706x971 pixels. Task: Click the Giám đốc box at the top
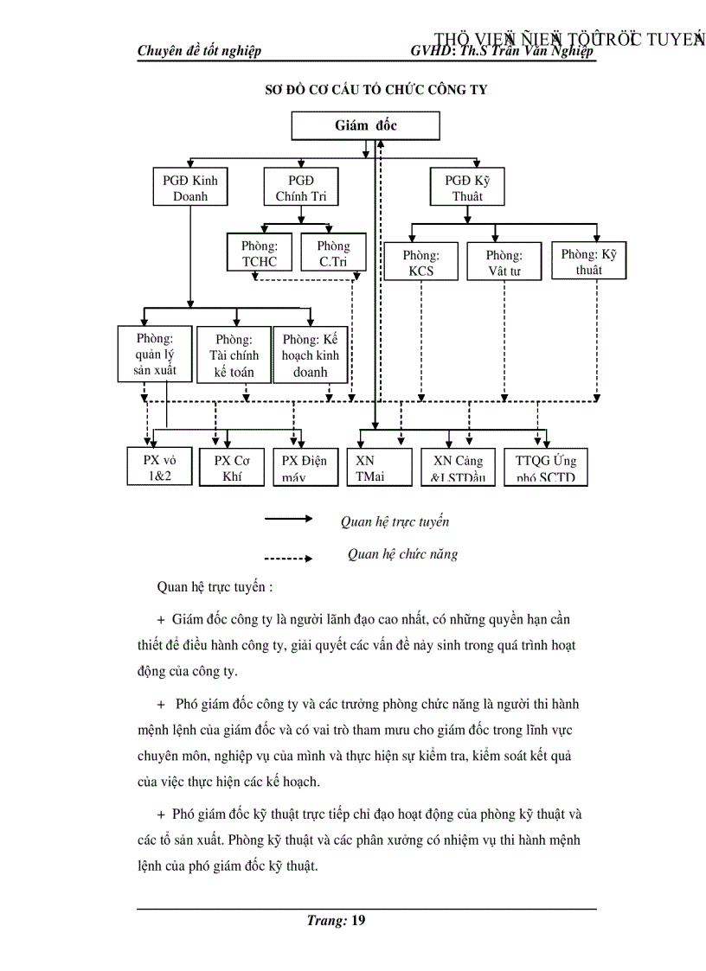pyautogui.click(x=366, y=126)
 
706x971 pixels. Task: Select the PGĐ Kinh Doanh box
pyautogui.click(x=190, y=188)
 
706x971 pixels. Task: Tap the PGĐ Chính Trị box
pyautogui.click(x=300, y=188)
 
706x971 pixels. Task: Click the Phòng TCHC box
pyautogui.click(x=260, y=254)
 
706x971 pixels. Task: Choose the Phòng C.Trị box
pyautogui.click(x=333, y=254)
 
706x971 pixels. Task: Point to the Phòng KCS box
pyautogui.click(x=421, y=263)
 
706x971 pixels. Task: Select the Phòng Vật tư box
pyautogui.click(x=504, y=263)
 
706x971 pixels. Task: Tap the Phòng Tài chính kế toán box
pyautogui.click(x=233, y=355)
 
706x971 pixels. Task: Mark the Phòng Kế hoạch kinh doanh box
pyautogui.click(x=311, y=355)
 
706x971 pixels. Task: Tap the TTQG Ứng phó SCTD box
pyautogui.click(x=545, y=467)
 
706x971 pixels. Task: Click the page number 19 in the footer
pyautogui.click(x=357, y=920)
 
